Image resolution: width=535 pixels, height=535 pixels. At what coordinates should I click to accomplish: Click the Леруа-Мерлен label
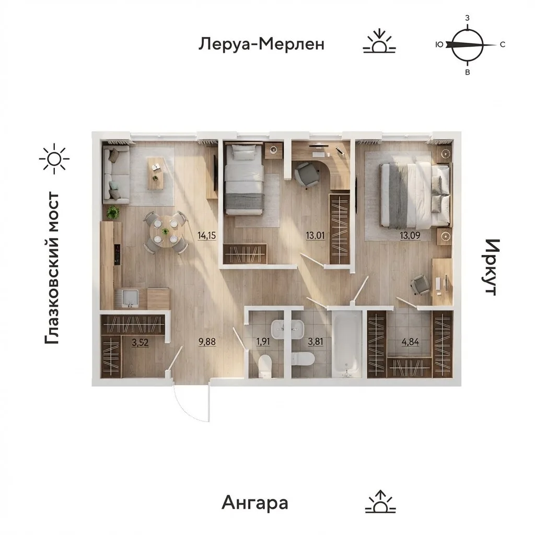261,44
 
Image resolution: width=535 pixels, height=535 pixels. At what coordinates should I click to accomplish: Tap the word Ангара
255,503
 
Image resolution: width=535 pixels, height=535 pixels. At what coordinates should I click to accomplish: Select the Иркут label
492,267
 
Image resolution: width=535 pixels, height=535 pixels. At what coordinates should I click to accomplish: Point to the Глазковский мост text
52,268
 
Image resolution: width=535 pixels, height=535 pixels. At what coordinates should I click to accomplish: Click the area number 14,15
207,236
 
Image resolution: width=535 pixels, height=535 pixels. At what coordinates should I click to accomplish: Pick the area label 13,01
315,236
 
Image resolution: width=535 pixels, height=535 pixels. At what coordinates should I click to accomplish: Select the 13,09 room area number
410,236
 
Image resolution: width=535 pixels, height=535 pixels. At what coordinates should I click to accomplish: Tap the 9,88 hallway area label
207,342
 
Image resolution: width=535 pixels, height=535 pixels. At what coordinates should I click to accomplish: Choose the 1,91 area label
263,342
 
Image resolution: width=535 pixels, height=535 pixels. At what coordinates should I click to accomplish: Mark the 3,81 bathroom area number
315,342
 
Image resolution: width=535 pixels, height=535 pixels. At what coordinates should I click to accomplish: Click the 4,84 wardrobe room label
410,342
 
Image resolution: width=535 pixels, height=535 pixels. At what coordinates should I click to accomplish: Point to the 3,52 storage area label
140,342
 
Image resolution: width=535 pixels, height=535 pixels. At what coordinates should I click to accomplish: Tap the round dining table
165,232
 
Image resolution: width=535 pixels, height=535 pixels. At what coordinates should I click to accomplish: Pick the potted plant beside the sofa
113,213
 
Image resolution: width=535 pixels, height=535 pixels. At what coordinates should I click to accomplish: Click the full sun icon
54,159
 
